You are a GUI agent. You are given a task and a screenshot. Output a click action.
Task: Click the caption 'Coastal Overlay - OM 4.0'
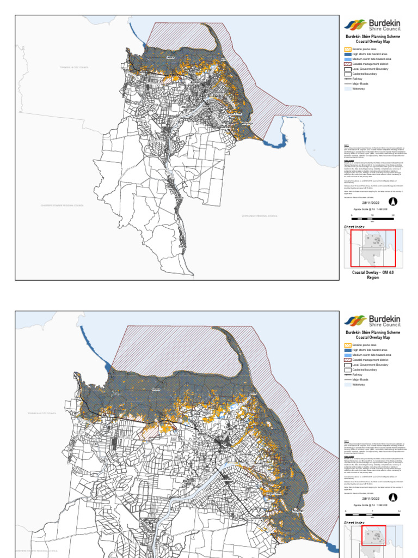coord(373,272)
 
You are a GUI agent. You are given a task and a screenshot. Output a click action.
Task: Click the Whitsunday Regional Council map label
coord(260,216)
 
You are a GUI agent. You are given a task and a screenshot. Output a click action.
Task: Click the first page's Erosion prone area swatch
coord(348,49)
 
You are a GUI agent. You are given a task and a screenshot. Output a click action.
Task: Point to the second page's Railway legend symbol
coord(348,375)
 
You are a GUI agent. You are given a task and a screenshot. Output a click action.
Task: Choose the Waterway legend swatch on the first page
coord(348,89)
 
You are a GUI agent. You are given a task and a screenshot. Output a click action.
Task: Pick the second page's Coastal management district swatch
coord(348,360)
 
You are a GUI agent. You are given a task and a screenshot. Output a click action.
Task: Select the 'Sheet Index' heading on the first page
coord(354,226)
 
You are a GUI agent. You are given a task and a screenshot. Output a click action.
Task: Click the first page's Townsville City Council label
coord(74,68)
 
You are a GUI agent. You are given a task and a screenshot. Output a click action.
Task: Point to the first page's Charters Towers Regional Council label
coord(62,205)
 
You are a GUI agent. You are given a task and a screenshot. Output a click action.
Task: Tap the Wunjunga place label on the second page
coord(299,510)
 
